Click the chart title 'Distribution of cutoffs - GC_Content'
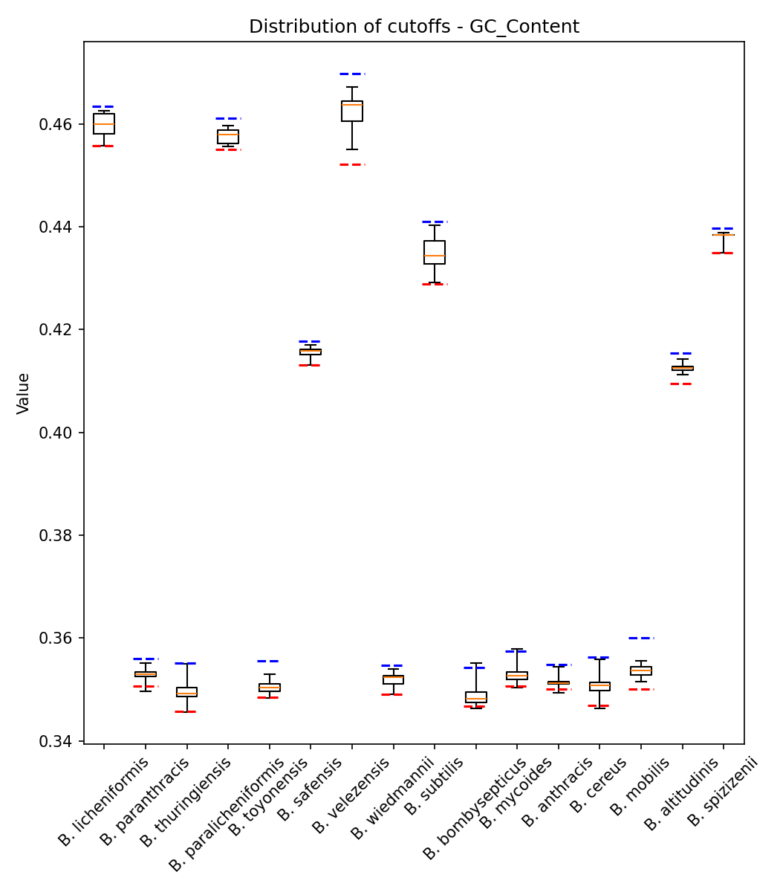tap(414, 27)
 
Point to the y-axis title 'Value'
tap(23, 393)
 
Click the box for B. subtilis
tap(435, 252)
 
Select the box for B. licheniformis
tap(104, 123)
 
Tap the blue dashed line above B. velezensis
tap(352, 74)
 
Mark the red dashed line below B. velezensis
tap(352, 164)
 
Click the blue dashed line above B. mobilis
tap(641, 638)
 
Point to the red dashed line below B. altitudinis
tap(682, 384)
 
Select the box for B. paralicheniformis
tap(228, 136)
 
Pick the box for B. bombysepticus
tap(476, 697)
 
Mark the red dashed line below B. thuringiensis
tap(186, 711)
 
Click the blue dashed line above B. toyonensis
tap(269, 661)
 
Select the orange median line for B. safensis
tap(311, 351)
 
